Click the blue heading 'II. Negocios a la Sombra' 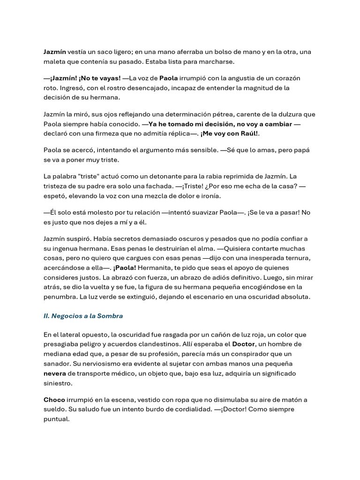(x=83, y=316)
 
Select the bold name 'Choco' (x=54, y=400)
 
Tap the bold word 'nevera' (x=54, y=373)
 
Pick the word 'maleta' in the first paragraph (x=54, y=61)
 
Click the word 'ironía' (x=210, y=195)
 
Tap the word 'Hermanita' (x=154, y=267)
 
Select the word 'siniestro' (x=59, y=382)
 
